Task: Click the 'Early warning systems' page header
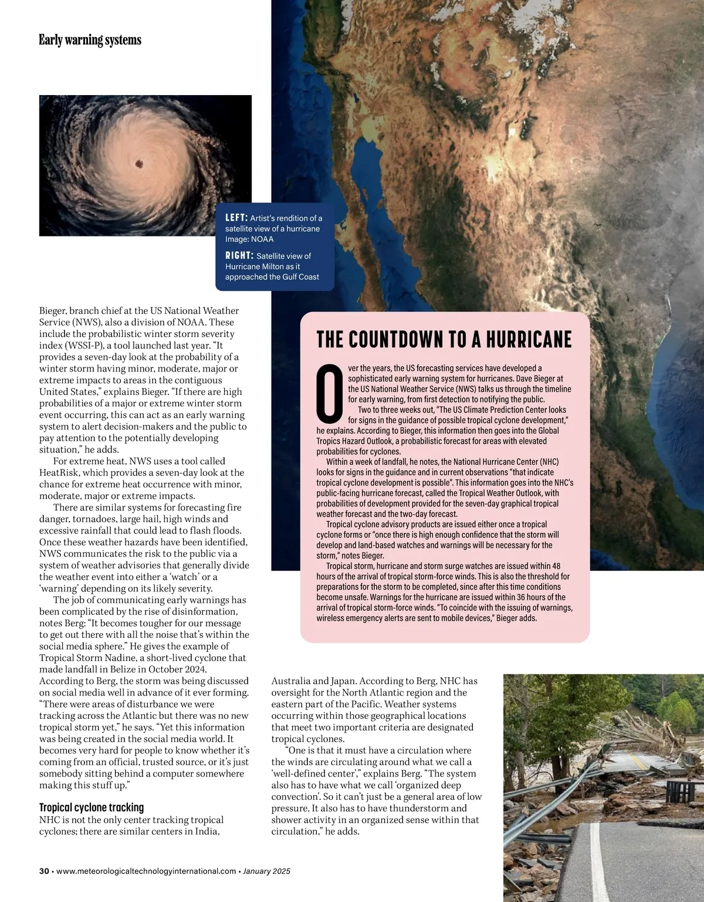tap(90, 40)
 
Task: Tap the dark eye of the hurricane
tap(139, 163)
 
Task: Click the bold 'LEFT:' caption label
tap(236, 218)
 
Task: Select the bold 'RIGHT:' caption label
tap(239, 255)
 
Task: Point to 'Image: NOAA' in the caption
tap(249, 239)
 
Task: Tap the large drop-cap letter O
tap(330, 393)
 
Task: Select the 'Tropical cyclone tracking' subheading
tap(92, 807)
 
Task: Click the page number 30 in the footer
tap(44, 871)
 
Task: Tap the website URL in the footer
tap(146, 871)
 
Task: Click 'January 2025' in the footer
tap(266, 871)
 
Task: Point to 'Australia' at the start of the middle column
tap(290, 681)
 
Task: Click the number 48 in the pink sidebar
tap(556, 566)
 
